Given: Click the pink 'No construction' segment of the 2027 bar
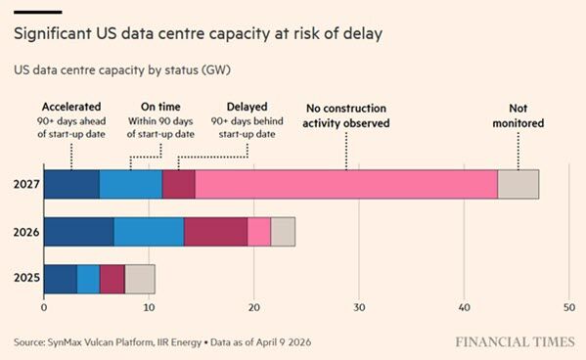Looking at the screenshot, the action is (x=346, y=184).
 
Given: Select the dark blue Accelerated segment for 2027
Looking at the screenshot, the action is (x=71, y=184).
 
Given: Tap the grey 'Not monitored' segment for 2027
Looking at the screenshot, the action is (x=518, y=184).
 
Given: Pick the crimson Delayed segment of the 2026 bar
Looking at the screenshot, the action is (x=215, y=232).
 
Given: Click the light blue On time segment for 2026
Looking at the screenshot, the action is (x=149, y=232).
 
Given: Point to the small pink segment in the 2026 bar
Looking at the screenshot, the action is (x=259, y=232).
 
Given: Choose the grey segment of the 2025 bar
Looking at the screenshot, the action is (x=140, y=279).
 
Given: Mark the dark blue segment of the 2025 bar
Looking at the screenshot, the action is (x=61, y=279).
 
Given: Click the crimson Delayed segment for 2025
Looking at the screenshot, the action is (x=113, y=279).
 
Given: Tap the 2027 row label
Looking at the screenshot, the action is (x=26, y=184).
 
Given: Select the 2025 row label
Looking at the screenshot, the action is (x=26, y=278).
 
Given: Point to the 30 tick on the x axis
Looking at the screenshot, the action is (x=359, y=308).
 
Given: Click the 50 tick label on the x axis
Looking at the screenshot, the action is (x=569, y=308).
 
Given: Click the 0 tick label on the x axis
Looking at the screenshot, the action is (x=44, y=308).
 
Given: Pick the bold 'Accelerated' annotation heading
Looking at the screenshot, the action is (x=71, y=107).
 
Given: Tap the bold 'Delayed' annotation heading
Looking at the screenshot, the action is (x=248, y=107).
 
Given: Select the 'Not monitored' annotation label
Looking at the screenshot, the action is (x=518, y=115).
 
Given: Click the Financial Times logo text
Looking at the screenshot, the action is (x=515, y=342).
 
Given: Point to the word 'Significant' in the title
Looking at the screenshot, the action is (x=53, y=33).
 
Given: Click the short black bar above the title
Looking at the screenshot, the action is (x=38, y=13).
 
